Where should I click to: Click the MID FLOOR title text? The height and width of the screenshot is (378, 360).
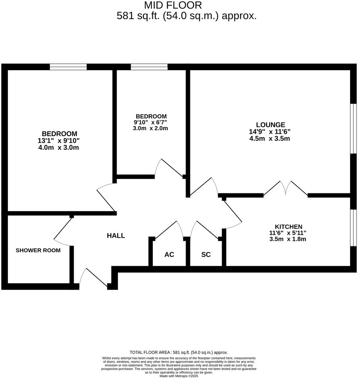(x=173, y=5)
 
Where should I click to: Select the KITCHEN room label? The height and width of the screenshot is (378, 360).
(x=288, y=226)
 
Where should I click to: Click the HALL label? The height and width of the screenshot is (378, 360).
(x=115, y=236)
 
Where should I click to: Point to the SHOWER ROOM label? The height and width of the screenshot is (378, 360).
(x=38, y=250)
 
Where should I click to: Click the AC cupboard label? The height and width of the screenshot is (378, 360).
(x=169, y=255)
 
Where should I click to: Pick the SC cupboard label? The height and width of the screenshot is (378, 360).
(x=206, y=255)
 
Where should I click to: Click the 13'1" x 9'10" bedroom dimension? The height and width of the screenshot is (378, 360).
(x=59, y=141)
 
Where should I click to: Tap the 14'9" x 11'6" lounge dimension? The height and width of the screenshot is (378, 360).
(x=269, y=132)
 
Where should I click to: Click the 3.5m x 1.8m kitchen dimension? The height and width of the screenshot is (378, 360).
(x=288, y=239)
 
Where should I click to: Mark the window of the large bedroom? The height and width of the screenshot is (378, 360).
(x=68, y=66)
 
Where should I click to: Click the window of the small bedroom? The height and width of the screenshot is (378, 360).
(x=149, y=66)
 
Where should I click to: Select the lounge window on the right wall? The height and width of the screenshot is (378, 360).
(x=353, y=129)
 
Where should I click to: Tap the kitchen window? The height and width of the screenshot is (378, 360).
(x=353, y=227)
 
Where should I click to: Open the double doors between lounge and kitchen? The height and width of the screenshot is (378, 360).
(x=285, y=189)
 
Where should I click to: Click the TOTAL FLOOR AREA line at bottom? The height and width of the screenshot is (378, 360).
(x=179, y=352)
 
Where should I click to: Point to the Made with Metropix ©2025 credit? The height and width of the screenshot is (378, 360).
(x=179, y=376)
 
